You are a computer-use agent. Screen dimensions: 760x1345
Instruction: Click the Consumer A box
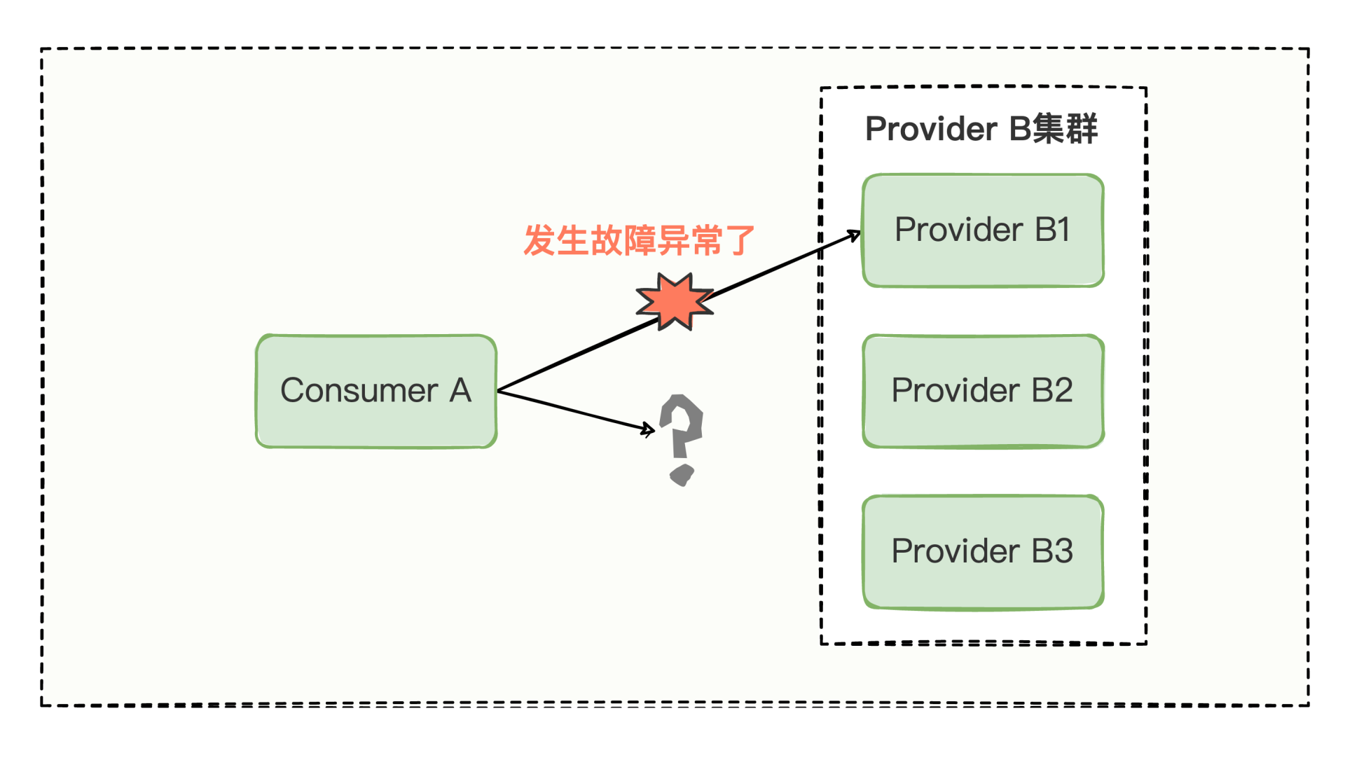[x=376, y=391]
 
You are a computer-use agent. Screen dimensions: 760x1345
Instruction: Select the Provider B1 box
[x=983, y=230]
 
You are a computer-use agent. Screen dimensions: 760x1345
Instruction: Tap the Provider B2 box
[x=983, y=391]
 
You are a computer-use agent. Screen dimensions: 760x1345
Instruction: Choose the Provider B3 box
[x=983, y=551]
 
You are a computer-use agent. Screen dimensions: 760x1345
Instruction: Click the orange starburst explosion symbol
[x=674, y=301]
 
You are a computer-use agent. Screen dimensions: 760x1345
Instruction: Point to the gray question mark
[x=682, y=427]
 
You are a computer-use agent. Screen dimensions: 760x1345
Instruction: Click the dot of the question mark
[x=682, y=474]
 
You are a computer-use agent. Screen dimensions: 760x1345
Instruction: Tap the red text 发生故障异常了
[x=639, y=241]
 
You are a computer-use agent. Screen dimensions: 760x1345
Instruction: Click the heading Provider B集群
[x=981, y=130]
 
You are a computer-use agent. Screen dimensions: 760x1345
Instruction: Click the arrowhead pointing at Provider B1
[x=855, y=235]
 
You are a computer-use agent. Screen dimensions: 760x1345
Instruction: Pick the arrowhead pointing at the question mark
[x=649, y=429]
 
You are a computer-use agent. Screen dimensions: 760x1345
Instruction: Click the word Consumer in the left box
[x=359, y=391]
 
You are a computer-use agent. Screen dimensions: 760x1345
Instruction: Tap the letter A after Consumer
[x=460, y=391]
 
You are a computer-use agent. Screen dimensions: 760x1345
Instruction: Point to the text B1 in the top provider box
[x=1052, y=230]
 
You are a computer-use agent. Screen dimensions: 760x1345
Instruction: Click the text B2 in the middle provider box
[x=1052, y=391]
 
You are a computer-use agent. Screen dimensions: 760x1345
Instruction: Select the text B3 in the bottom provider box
[x=1052, y=551]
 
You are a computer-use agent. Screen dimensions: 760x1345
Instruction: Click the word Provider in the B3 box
[x=955, y=551]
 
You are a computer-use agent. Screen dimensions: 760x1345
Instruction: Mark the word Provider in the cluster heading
[x=931, y=130]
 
